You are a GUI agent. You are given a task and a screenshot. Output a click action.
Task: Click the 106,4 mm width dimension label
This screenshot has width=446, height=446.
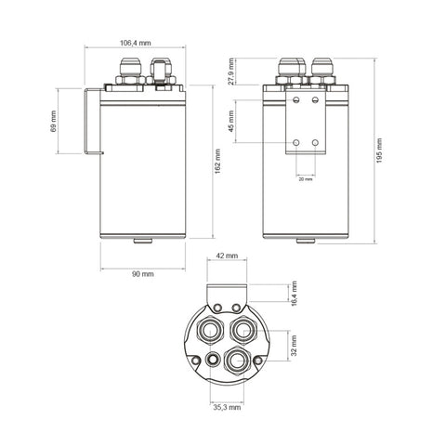[x=136, y=43]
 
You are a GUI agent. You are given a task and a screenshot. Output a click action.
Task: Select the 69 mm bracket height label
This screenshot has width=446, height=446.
[x=53, y=121]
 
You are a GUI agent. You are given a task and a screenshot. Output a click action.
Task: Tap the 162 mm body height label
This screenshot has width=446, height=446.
[x=217, y=161]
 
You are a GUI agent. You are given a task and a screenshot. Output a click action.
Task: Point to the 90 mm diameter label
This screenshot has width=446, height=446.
[x=143, y=274]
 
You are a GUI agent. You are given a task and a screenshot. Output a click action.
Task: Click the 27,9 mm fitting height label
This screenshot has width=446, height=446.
[x=231, y=72]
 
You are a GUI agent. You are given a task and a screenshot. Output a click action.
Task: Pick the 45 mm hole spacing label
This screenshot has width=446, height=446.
[x=231, y=121]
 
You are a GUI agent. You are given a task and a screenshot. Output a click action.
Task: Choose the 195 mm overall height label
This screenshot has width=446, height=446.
[x=379, y=151]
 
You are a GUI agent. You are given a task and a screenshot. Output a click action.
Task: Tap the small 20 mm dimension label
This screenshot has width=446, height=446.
[x=306, y=179]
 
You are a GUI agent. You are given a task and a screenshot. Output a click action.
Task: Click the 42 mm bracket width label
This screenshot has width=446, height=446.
[x=227, y=256]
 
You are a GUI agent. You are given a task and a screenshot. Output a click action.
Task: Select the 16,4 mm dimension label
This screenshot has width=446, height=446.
[x=294, y=294]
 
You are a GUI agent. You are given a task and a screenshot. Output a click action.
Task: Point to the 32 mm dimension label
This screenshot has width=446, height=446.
[x=294, y=346]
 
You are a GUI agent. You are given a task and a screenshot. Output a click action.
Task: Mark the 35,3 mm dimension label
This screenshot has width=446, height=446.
[x=227, y=407]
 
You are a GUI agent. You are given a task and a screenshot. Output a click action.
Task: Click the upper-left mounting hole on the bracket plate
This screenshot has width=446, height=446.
[x=296, y=99]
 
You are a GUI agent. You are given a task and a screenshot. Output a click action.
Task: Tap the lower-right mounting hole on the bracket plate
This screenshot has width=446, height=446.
[x=315, y=143]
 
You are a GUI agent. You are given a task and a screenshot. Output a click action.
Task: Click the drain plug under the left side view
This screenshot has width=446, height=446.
[x=143, y=241]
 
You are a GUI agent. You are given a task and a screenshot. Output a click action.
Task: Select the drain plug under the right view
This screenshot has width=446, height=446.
[x=306, y=241]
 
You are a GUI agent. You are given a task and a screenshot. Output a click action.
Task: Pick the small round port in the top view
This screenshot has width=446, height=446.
[x=213, y=360]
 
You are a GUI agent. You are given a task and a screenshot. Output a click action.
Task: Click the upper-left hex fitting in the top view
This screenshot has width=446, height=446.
[x=210, y=330]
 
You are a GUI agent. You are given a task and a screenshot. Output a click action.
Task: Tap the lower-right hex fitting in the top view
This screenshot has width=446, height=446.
[x=237, y=361]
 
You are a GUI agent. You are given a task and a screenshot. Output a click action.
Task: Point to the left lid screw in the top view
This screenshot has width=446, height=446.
[x=196, y=361]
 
